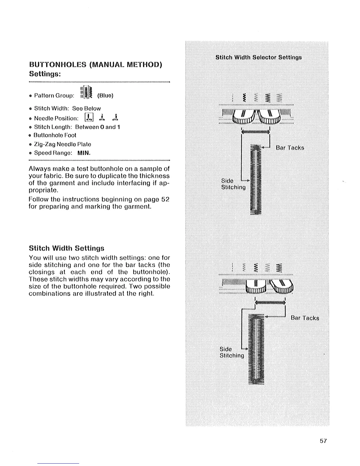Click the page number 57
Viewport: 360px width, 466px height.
pyautogui.click(x=323, y=441)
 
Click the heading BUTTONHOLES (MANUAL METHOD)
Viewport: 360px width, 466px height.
pyautogui.click(x=96, y=64)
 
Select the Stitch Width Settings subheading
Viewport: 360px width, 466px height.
pyautogui.click(x=66, y=248)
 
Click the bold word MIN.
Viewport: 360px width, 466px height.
pyautogui.click(x=84, y=153)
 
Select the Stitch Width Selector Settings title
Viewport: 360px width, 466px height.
pyautogui.click(x=259, y=57)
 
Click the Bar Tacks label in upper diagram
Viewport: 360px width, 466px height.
pyautogui.click(x=290, y=148)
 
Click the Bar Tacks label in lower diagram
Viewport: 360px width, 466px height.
pyautogui.click(x=305, y=318)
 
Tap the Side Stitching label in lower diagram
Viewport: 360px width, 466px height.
pyautogui.click(x=232, y=352)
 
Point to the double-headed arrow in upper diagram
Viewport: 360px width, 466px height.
pyautogui.click(x=255, y=132)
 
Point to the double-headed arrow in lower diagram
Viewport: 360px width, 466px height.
pyautogui.click(x=270, y=302)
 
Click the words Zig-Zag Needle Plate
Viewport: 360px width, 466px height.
pyautogui.click(x=63, y=144)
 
